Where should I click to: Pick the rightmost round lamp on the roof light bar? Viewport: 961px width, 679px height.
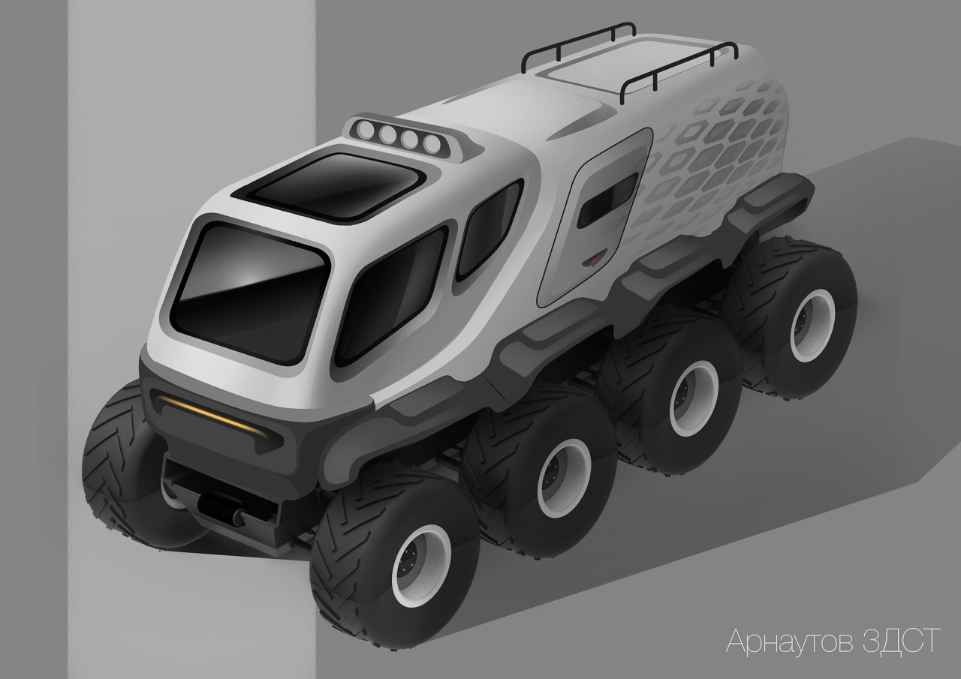point(431,143)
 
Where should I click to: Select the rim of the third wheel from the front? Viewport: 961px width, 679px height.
point(692,398)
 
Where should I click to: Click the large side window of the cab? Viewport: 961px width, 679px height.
point(390,296)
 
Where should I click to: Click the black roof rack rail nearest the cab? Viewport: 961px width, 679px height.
point(578,41)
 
